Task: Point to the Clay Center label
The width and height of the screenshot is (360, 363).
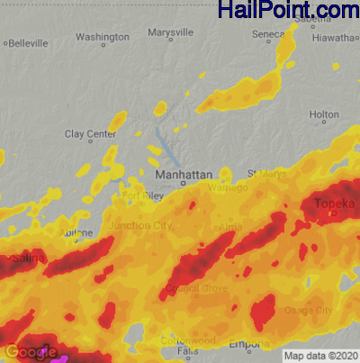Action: pyautogui.click(x=91, y=134)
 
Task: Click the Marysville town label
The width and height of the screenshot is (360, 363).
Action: pyautogui.click(x=170, y=32)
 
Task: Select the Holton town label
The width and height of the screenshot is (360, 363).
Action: pyautogui.click(x=324, y=115)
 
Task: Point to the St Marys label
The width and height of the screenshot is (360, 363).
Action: pyautogui.click(x=265, y=173)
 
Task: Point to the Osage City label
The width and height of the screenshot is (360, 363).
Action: pyautogui.click(x=309, y=309)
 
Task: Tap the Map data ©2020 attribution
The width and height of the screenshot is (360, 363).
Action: pyautogui.click(x=321, y=355)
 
